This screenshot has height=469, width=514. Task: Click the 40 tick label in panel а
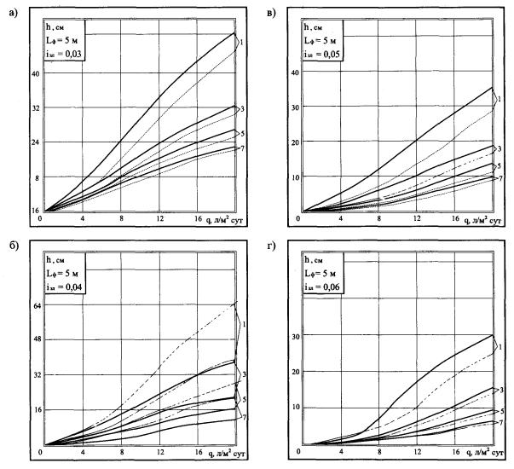[x=33, y=74]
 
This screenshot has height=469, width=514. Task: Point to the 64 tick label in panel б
[x=33, y=305]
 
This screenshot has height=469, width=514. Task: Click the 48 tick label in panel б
[x=33, y=340]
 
